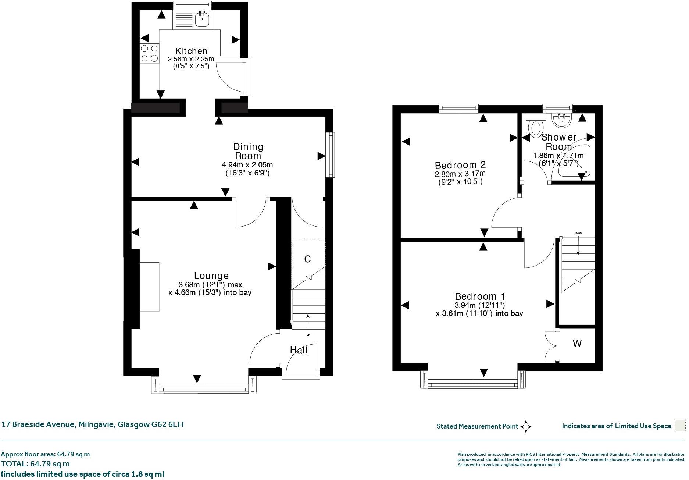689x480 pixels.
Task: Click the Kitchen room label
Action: pos(191,51)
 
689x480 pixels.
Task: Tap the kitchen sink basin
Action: pos(202,19)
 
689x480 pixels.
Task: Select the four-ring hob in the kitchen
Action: pos(149,53)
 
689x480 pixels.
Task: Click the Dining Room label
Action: pos(249,151)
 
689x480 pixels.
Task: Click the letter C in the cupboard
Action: pos(307,259)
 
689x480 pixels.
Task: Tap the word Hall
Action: pos(299,350)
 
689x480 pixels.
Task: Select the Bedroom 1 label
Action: pos(480,296)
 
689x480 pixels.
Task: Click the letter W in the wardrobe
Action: pos(577,344)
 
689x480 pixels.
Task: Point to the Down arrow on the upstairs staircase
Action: pos(578,245)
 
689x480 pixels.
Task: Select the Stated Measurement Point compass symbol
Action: pos(526,427)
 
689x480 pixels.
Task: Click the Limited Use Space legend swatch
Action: pos(679,426)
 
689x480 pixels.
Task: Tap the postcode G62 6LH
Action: pos(167,424)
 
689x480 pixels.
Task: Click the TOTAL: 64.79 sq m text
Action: pos(35,464)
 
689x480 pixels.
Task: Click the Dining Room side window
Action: pos(331,154)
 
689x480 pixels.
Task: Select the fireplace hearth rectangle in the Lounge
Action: pos(149,287)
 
